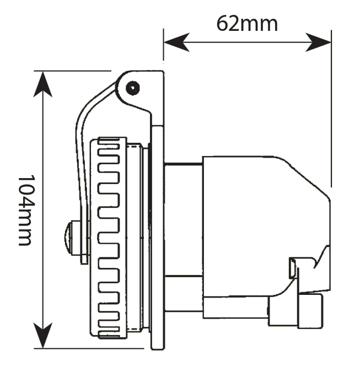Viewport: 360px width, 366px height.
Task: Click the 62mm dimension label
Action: (x=246, y=23)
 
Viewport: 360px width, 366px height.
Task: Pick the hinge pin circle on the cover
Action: (x=132, y=87)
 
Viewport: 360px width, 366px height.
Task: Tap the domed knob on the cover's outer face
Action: (x=69, y=237)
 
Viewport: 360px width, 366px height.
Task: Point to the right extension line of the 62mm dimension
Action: (x=331, y=110)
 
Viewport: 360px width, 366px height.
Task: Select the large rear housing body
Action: (x=259, y=220)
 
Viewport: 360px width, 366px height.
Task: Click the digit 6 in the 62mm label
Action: (x=222, y=24)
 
